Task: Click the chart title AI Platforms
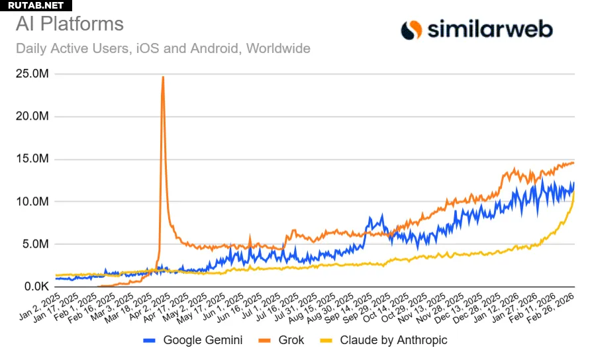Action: click(70, 24)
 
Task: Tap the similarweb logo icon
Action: click(411, 29)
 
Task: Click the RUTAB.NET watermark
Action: click(36, 5)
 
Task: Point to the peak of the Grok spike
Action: click(163, 77)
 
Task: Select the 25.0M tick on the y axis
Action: click(32, 74)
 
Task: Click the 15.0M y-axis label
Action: click(32, 159)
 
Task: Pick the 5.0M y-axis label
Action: click(34, 244)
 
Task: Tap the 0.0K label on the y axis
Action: click(34, 287)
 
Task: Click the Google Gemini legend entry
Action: click(193, 340)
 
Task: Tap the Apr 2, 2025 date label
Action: click(150, 306)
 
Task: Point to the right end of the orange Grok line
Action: click(574, 162)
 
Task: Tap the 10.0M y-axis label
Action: click(32, 202)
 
